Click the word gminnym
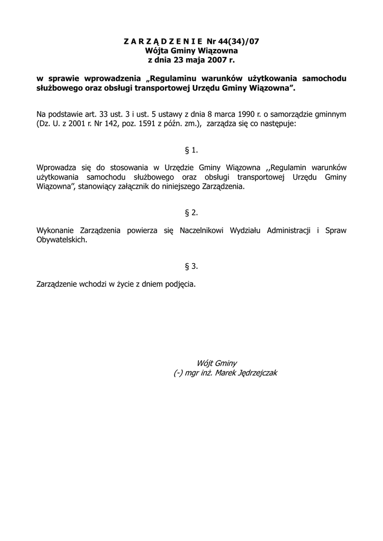[330, 114]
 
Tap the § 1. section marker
[191, 150]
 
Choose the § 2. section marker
[191, 212]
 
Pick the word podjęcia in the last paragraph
[180, 284]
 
